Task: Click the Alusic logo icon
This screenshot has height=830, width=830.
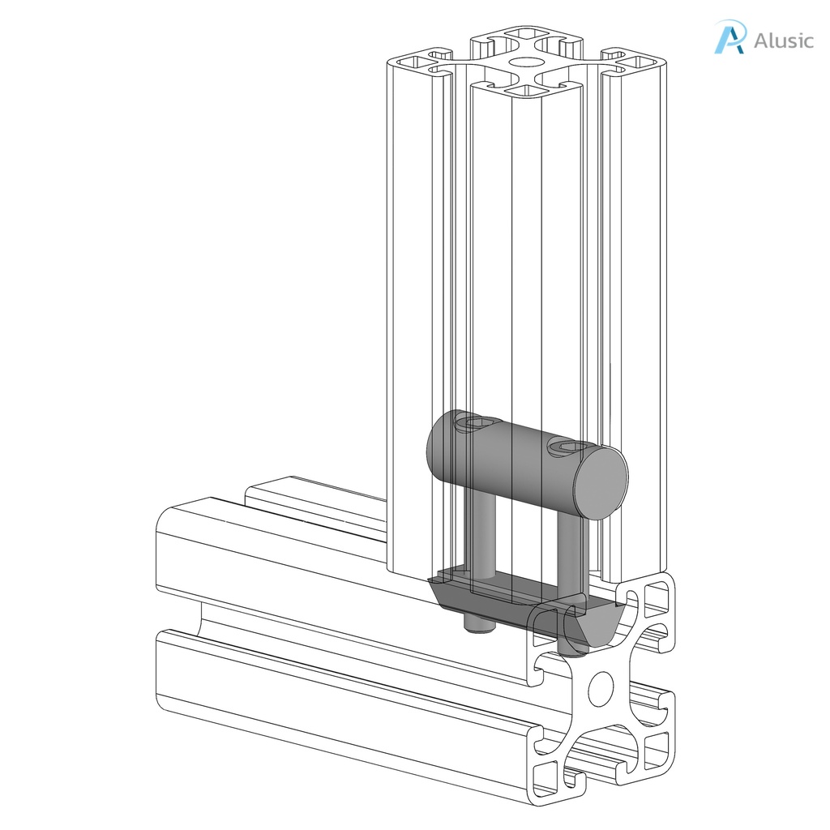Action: point(729,38)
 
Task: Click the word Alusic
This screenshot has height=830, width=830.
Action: point(782,41)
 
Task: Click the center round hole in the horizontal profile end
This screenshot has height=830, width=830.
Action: point(601,688)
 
